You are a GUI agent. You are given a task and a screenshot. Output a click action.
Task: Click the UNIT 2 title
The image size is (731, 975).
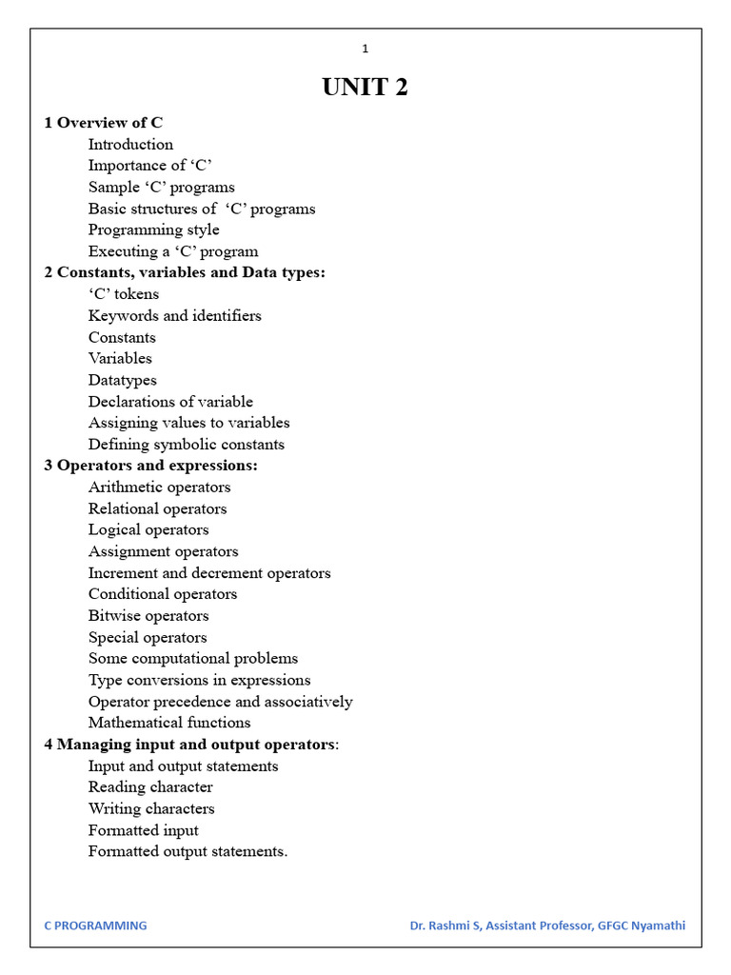[365, 88]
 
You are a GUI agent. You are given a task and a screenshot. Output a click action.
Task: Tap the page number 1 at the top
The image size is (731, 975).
[365, 49]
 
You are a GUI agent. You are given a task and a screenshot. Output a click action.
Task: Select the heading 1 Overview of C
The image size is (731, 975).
[104, 123]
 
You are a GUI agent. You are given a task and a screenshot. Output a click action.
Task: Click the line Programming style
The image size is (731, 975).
[153, 229]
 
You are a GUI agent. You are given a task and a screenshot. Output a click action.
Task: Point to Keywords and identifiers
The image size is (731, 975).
[174, 315]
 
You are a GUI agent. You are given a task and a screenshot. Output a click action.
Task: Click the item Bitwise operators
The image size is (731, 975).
[148, 616]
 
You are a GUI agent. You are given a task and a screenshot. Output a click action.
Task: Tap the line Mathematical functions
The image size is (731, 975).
[169, 723]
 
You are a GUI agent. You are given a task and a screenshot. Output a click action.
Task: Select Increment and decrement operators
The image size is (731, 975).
[209, 573]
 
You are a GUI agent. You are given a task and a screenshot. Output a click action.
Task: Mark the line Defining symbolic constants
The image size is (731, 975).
[187, 445]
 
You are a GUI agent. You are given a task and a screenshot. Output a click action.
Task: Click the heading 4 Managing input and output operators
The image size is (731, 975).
[191, 745]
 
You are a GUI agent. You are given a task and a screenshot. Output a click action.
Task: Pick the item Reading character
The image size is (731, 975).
[150, 787]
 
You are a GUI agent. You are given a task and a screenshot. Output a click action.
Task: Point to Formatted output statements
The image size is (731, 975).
[188, 852]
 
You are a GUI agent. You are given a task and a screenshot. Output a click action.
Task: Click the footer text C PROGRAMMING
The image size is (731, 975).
[96, 925]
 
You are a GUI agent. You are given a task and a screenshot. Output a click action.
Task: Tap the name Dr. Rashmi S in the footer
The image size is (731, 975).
[445, 925]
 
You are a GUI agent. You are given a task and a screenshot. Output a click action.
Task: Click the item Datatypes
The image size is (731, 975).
[123, 380]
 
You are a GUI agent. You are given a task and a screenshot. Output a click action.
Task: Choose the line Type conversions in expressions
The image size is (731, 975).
[199, 680]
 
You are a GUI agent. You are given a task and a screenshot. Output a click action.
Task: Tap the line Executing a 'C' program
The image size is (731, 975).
[173, 251]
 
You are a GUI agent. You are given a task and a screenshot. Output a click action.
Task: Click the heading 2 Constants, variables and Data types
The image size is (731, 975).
[185, 272]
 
